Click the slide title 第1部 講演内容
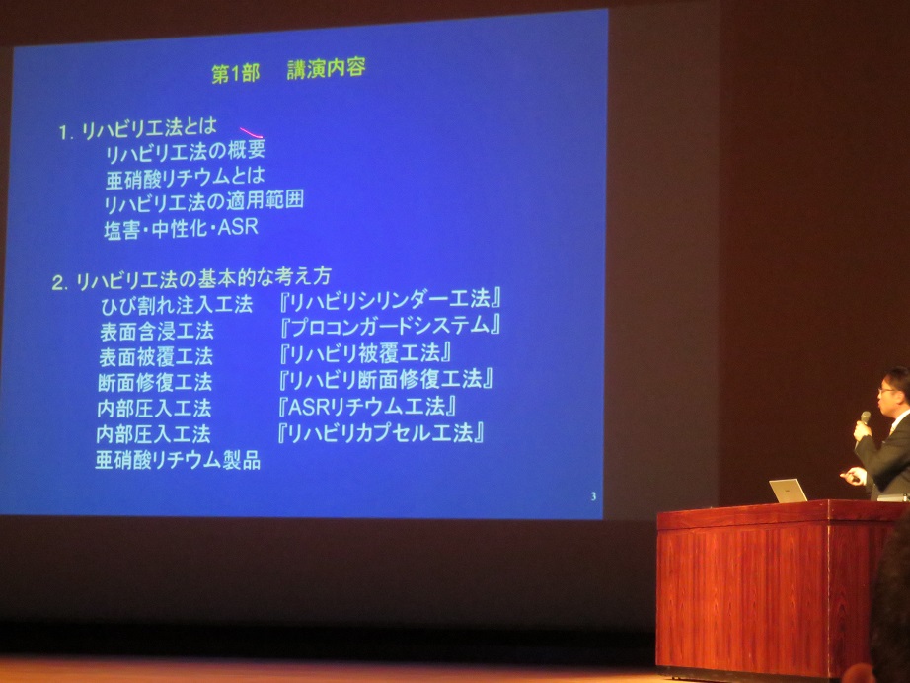pyautogui.click(x=289, y=72)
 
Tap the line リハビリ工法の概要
pyautogui.click(x=185, y=152)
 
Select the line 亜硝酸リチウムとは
pyautogui.click(x=186, y=178)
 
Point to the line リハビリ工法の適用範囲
pyautogui.click(x=203, y=202)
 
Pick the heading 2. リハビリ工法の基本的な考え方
pyautogui.click(x=197, y=281)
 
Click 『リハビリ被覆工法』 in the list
pyautogui.click(x=366, y=352)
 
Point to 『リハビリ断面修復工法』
pyautogui.click(x=385, y=379)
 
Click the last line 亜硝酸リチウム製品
pyautogui.click(x=178, y=460)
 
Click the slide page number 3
pyautogui.click(x=592, y=496)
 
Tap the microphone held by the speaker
pyautogui.click(x=865, y=421)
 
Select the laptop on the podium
pyautogui.click(x=788, y=491)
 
